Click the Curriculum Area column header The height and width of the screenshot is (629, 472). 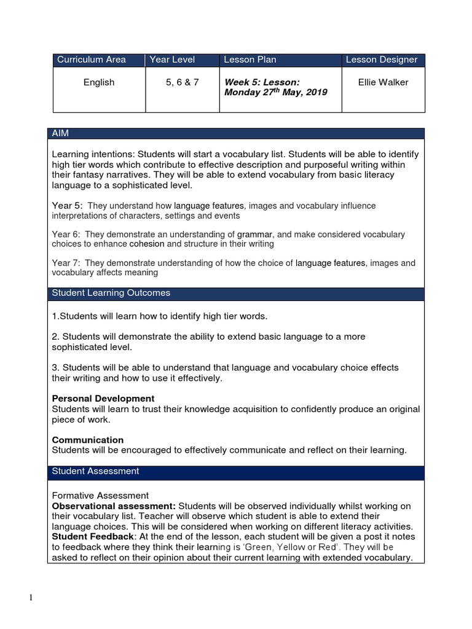pos(92,60)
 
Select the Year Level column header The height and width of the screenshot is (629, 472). pos(172,60)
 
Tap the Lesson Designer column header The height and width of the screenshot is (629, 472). pos(381,60)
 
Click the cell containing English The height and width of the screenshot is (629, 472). pos(99,82)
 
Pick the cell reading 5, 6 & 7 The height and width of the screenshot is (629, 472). pos(182,82)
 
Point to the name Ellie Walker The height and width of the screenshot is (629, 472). pos(382,82)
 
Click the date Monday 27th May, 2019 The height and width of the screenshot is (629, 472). pos(275,92)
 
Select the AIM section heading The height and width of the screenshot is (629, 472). pos(61,133)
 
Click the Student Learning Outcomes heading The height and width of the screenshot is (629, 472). pos(111,293)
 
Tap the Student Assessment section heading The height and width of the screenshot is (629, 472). pos(95,471)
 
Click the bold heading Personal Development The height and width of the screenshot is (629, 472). pos(103,399)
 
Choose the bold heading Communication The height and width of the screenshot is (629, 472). pos(88,440)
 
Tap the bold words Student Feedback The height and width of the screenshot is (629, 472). pos(91,536)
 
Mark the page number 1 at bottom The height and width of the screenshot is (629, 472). pos(30,598)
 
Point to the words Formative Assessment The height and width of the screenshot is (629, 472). pos(100,495)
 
